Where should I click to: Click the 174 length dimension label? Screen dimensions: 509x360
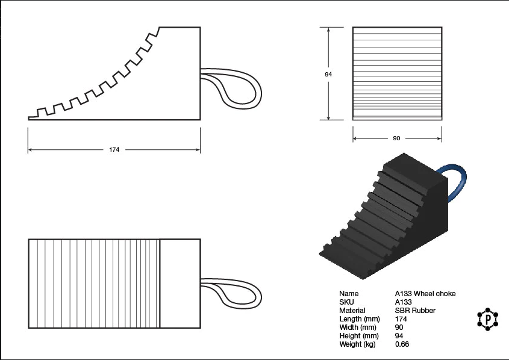pyautogui.click(x=114, y=149)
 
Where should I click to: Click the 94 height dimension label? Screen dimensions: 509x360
pyautogui.click(x=328, y=74)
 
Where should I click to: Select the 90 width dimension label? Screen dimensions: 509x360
pyautogui.click(x=396, y=138)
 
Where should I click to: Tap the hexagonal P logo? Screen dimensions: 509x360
pyautogui.click(x=487, y=319)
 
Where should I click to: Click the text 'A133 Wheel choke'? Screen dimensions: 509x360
pyautogui.click(x=425, y=294)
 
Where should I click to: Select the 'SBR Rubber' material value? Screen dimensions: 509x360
pyautogui.click(x=415, y=311)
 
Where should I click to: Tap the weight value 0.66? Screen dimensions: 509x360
pyautogui.click(x=402, y=344)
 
